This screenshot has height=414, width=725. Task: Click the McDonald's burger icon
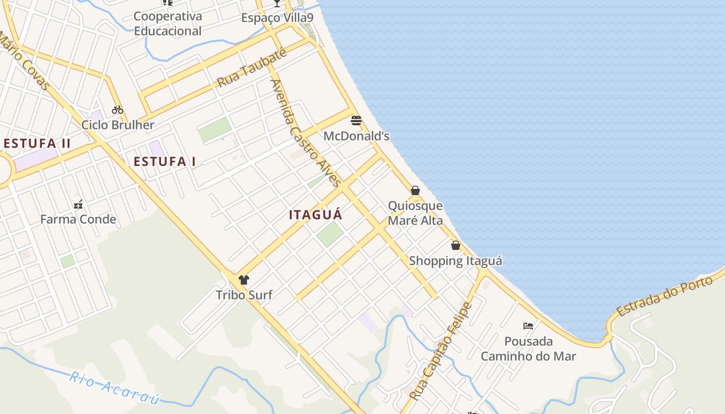(356, 121)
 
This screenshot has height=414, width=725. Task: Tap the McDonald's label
(356, 136)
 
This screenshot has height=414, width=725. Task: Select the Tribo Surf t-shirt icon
(244, 280)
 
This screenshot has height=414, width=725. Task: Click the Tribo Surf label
(244, 295)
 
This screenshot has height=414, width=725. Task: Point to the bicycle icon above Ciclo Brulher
(118, 110)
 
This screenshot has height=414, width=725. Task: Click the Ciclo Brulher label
(118, 125)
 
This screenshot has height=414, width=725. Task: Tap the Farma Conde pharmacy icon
(78, 204)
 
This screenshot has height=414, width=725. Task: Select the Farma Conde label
(78, 219)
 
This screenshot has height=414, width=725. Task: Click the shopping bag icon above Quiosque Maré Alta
(415, 190)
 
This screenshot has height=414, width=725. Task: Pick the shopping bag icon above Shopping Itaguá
(455, 245)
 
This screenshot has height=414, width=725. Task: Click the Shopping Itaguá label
(455, 261)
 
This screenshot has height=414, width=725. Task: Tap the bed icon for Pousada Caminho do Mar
(528, 326)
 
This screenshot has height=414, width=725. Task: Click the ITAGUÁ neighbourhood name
(316, 215)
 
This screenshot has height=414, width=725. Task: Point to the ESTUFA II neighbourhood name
(37, 143)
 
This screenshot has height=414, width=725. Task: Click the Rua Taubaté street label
(252, 69)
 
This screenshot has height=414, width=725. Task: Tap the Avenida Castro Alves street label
(306, 133)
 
